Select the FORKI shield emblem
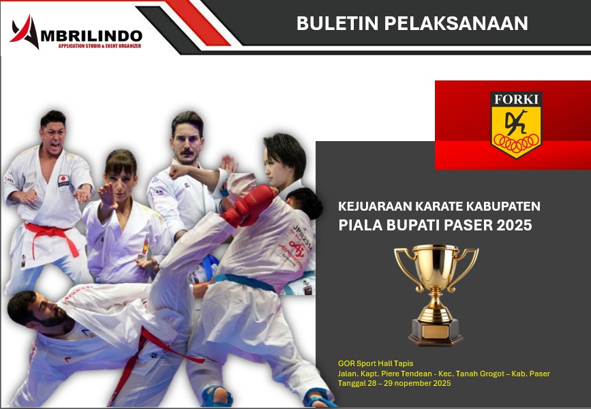pyautogui.click(x=516, y=125)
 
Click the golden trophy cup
pyautogui.click(x=436, y=294)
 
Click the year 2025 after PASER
pyautogui.click(x=514, y=225)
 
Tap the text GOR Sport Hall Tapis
pyautogui.click(x=376, y=364)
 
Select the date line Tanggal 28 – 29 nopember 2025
pyautogui.click(x=394, y=383)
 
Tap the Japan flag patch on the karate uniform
pyautogui.click(x=63, y=181)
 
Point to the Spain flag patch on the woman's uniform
pyautogui.click(x=145, y=247)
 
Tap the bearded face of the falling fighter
pyautogui.click(x=45, y=314)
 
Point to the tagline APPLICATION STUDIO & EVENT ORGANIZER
pyautogui.click(x=100, y=46)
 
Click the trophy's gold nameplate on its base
pyautogui.click(x=436, y=331)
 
